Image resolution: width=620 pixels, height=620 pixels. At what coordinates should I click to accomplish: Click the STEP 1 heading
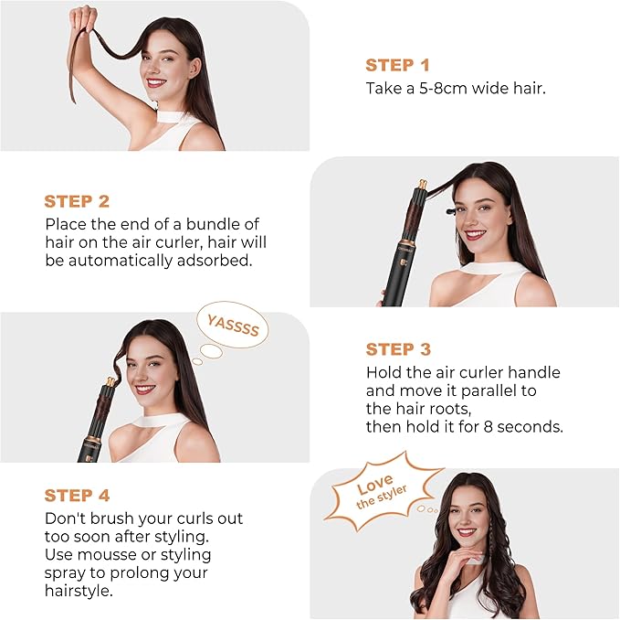[397, 65]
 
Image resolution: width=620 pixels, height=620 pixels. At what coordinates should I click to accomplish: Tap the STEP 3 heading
[397, 349]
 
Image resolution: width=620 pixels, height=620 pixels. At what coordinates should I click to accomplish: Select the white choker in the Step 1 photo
[169, 120]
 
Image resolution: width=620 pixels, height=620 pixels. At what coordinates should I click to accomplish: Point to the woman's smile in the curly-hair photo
[467, 532]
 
